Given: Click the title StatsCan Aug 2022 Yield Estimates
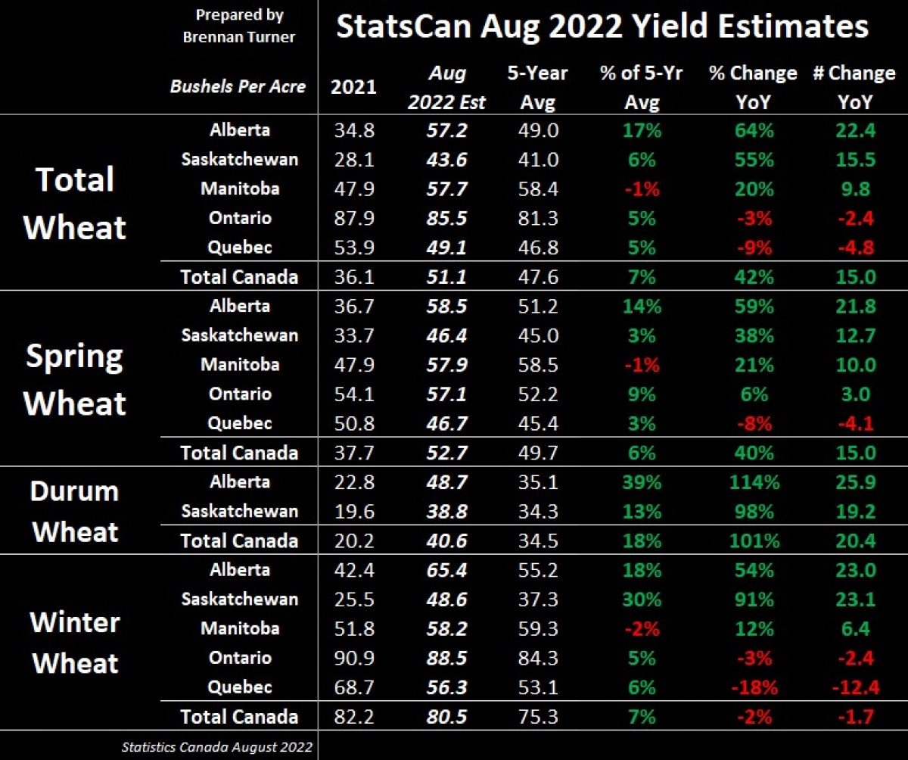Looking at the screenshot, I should pos(602,27).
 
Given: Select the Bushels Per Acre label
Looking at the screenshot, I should pos(238,86).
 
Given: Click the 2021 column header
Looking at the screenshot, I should pos(353,86).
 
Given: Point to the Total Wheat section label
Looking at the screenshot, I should pos(76,203).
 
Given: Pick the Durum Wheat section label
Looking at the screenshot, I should pos(76,511).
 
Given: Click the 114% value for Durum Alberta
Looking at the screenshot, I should pos(752,482).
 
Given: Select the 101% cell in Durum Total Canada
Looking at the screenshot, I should pos(752,540).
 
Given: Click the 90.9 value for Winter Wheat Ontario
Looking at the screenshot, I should pos(353,658).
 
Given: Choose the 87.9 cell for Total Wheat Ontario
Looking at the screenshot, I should pos(353,218).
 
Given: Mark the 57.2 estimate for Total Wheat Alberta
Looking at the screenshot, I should pos(446,130).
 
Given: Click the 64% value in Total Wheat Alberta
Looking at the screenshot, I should pos(752,130).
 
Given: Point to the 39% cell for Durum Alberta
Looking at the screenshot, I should pos(641,482).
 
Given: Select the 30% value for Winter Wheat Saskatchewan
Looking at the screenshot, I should pos(641,600).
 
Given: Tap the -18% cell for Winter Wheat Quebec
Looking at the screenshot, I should pos(752,687).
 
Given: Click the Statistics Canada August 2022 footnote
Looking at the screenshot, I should pos(216,747).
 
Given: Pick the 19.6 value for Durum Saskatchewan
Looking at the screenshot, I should pos(353,512).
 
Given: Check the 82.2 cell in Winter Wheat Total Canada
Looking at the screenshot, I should pos(353,717).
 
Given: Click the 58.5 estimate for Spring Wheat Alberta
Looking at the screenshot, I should pos(446,306).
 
